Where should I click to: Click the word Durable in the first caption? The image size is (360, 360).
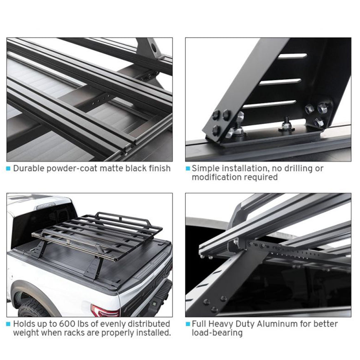coord(29,168)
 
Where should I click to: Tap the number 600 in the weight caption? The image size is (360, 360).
coord(67,324)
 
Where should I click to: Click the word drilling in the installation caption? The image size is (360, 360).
coord(299,168)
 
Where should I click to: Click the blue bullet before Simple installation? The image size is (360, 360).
coord(188,168)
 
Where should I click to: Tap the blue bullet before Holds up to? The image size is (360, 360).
coord(8,324)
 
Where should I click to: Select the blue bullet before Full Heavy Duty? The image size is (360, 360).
coord(188,324)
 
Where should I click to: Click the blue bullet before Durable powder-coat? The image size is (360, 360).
coord(8,169)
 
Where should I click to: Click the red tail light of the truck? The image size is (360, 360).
coord(105,311)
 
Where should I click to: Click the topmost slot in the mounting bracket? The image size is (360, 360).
coord(292,56)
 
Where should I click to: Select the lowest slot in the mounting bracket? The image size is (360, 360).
coord(269,104)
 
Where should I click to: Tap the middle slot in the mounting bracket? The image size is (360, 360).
coord(280,82)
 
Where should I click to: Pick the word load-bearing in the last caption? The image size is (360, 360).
coord(217,333)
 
